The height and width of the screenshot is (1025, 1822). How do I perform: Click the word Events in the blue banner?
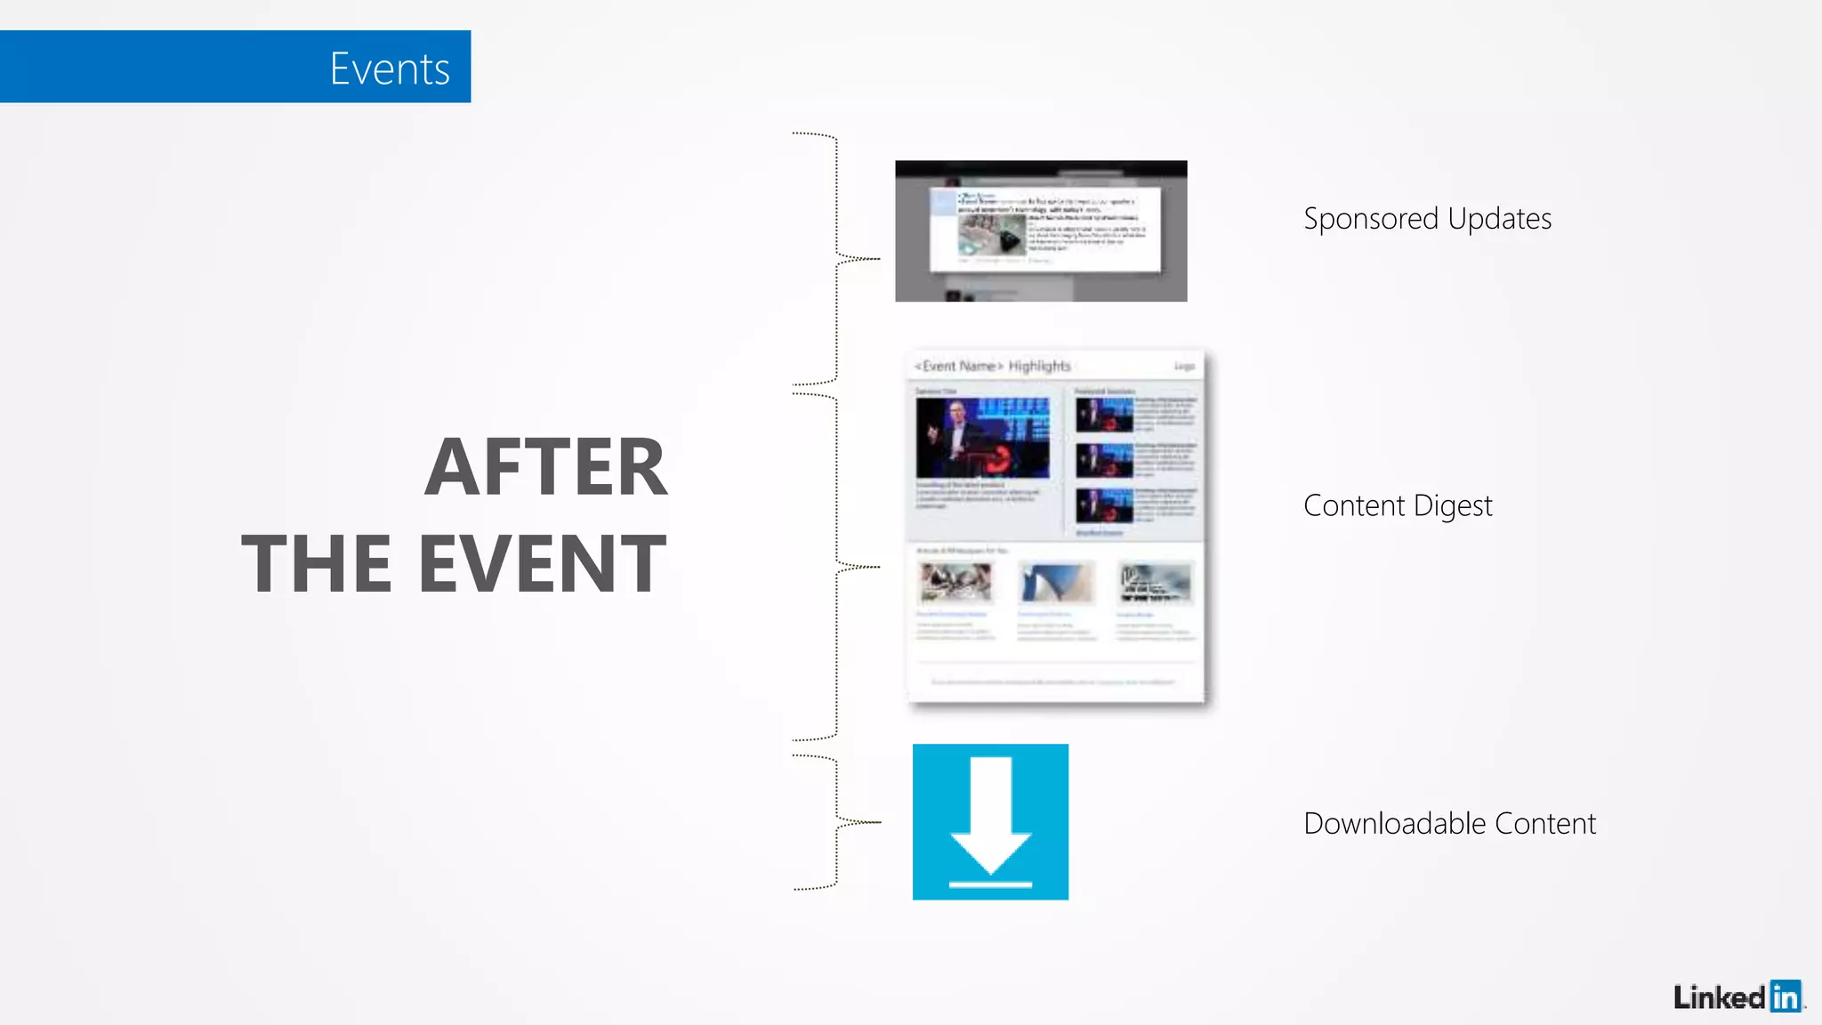pos(390,69)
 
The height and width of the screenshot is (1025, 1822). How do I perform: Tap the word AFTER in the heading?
pos(545,468)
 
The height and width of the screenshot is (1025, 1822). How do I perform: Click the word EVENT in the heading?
pos(542,564)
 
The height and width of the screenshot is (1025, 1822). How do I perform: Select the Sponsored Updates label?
pos(1427,219)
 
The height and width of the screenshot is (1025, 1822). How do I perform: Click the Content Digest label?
pos(1397,505)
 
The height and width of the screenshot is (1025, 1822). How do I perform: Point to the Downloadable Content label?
pos(1449,824)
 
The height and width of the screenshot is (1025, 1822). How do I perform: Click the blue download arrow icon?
pos(990,821)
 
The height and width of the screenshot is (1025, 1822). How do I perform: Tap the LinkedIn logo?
pos(1737,997)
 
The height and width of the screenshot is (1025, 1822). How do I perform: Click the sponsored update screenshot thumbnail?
pos(1040,231)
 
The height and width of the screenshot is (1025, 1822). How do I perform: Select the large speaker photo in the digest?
pos(982,438)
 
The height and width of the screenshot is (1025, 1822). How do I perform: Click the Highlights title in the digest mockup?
pos(1039,366)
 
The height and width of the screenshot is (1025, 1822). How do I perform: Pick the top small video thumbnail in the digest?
pos(1104,415)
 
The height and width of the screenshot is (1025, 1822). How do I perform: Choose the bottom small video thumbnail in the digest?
pos(1104,505)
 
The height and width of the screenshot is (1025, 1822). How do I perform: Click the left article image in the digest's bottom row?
pos(955,583)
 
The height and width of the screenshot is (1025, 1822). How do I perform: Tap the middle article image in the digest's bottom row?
pos(1056,583)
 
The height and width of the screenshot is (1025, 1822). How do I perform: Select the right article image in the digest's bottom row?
pos(1155,583)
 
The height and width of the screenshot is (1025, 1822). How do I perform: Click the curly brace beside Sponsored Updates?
pos(836,258)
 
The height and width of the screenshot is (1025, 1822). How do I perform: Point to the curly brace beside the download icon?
pos(836,822)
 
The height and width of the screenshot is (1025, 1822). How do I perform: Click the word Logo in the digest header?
pos(1184,367)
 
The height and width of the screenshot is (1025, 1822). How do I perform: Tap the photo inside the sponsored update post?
pos(991,234)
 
